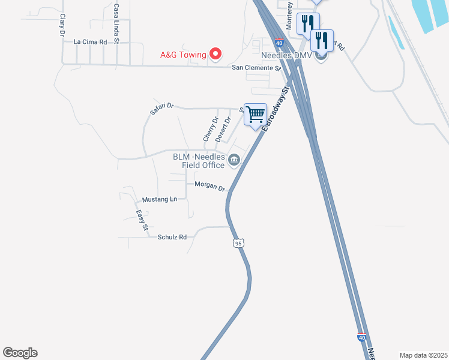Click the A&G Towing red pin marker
pyautogui.click(x=215, y=55)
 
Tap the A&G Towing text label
pyautogui.click(x=183, y=55)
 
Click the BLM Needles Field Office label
pyautogui.click(x=199, y=160)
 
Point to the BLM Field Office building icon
pyautogui.click(x=234, y=160)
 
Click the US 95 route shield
pyautogui.click(x=239, y=243)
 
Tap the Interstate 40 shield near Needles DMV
pyautogui.click(x=280, y=43)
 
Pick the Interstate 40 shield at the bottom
pyautogui.click(x=361, y=338)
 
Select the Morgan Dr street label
pyautogui.click(x=209, y=187)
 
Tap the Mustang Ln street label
pyautogui.click(x=160, y=199)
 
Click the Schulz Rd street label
pyautogui.click(x=172, y=237)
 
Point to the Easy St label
pyautogui.click(x=140, y=220)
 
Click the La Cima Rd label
pyautogui.click(x=90, y=42)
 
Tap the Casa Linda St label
pyautogui.click(x=116, y=23)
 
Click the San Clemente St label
pyautogui.click(x=257, y=68)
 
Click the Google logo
pyautogui.click(x=20, y=353)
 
